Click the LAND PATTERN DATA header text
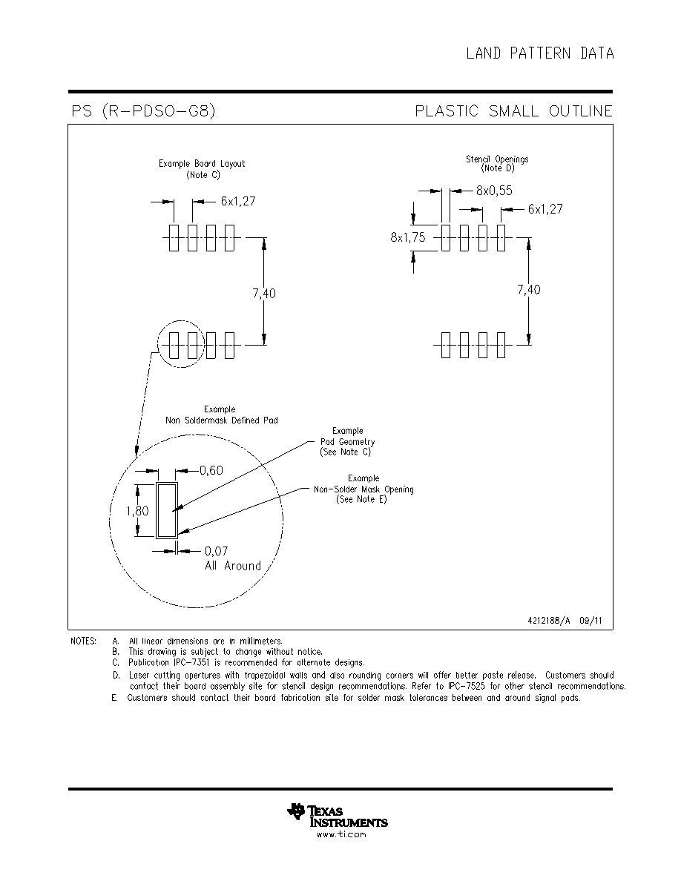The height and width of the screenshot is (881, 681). point(540,53)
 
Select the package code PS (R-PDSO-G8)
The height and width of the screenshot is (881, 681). point(143,110)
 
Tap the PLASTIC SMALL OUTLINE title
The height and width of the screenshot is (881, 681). point(513,110)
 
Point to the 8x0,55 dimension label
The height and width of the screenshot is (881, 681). point(495,191)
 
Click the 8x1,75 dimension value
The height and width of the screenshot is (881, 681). point(408,237)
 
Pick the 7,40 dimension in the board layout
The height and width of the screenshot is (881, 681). point(264,293)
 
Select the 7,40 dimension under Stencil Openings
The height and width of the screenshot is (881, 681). point(529,289)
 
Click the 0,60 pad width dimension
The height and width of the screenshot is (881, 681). point(211,470)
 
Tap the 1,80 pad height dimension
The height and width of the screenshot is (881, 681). point(137,511)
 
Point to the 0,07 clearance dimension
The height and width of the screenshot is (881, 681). point(217,551)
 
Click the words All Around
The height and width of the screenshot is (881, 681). point(233,566)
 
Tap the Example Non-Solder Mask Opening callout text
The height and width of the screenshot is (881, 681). point(363,489)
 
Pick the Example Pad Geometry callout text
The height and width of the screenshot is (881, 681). point(348,441)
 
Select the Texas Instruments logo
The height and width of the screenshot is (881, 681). point(337,815)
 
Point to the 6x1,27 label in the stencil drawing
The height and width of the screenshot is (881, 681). point(545,209)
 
